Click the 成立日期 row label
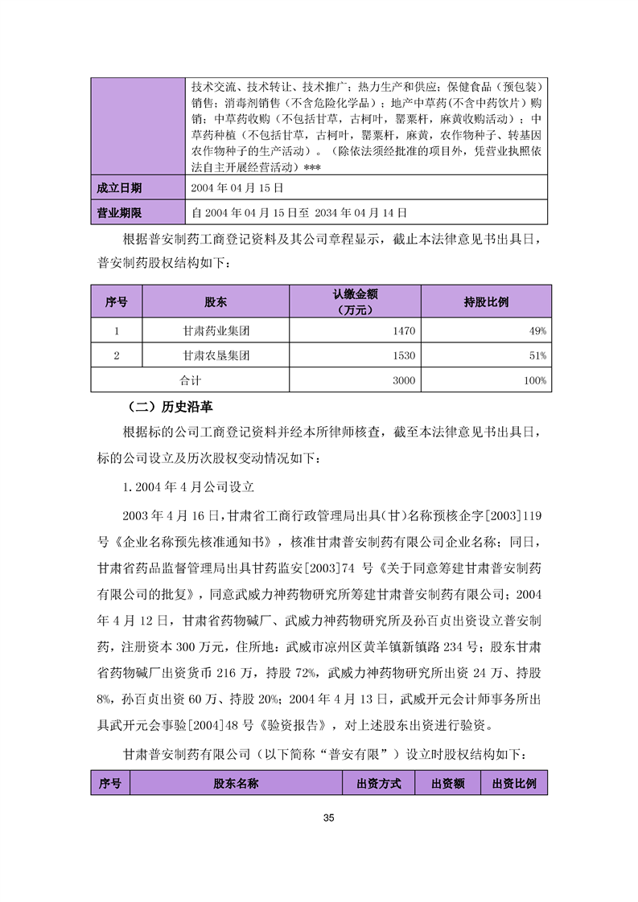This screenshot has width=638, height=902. pos(119,188)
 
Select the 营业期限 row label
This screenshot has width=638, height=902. pos(119,213)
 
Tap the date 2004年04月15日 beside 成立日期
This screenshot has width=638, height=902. pos(238,188)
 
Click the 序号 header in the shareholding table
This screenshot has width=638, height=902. pos(117,302)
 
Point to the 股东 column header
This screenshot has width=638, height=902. pos(216,302)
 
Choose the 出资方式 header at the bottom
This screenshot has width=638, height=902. pos(378,783)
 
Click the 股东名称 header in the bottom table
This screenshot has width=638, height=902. pos(236,783)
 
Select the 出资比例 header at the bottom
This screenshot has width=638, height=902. pos(514,783)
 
